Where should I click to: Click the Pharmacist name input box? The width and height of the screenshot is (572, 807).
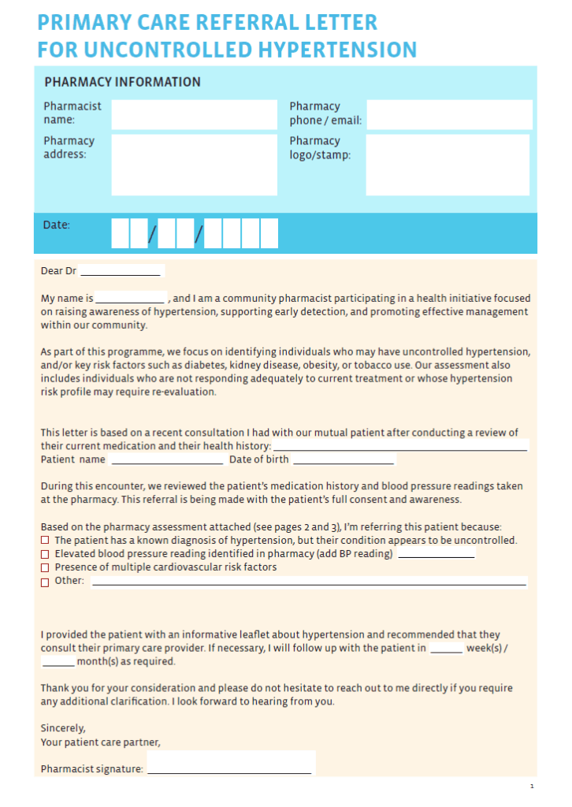[194, 114]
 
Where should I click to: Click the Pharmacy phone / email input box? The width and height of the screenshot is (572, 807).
[449, 114]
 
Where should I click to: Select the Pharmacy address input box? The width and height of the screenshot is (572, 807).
[194, 164]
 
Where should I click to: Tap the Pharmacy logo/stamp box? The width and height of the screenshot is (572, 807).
[448, 164]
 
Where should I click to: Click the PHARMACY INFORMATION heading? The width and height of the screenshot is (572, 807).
[122, 82]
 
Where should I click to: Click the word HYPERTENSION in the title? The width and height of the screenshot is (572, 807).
[336, 50]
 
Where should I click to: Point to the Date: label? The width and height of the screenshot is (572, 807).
[57, 225]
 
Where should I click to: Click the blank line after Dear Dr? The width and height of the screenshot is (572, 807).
[121, 272]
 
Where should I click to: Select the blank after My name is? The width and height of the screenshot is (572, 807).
[130, 299]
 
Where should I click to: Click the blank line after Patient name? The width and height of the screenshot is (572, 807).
[166, 460]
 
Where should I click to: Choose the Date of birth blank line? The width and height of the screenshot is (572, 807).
[343, 460]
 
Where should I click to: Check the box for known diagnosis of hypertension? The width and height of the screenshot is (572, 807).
[45, 541]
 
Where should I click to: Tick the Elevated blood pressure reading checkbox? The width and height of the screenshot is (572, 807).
[45, 554]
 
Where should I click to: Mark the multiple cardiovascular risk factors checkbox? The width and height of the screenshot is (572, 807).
[45, 567]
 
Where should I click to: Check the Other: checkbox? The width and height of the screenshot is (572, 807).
[45, 582]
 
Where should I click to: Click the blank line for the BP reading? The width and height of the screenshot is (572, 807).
[436, 555]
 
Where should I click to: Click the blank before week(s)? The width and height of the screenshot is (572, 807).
[447, 649]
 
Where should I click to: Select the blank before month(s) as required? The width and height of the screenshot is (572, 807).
[58, 663]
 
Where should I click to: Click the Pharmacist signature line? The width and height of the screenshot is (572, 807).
[229, 769]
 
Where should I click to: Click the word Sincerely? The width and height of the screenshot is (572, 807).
[63, 728]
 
